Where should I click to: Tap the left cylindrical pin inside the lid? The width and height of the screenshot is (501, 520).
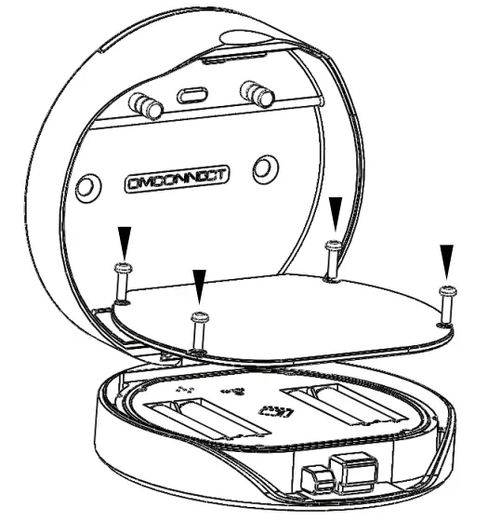[x=147, y=104]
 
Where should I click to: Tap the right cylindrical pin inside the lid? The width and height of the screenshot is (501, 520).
[x=257, y=94]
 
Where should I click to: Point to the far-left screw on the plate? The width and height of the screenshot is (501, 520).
[x=123, y=281]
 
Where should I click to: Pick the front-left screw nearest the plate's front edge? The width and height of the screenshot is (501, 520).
[x=197, y=331]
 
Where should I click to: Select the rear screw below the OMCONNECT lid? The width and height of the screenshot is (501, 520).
[x=332, y=258]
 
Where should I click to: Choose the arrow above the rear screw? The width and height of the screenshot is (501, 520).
[x=334, y=210]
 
